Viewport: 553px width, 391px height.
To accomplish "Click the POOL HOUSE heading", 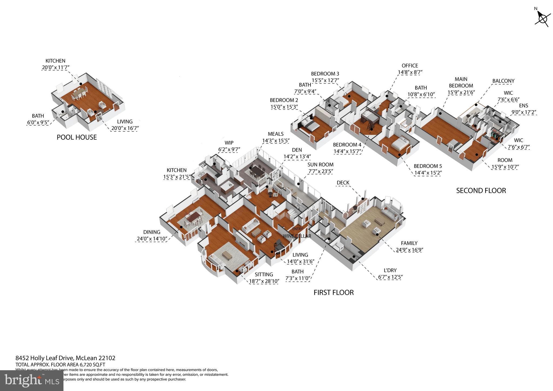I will (76, 137).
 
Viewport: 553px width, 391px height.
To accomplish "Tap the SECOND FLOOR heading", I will (481, 191).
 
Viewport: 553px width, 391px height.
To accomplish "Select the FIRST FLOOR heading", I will (333, 292).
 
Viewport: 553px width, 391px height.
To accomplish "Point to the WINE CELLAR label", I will (297, 236).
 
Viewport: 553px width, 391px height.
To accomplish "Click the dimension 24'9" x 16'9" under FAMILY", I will (409, 250).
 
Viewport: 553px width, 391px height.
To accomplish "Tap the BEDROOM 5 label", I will (427, 166).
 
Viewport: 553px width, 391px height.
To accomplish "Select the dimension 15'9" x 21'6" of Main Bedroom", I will (461, 93).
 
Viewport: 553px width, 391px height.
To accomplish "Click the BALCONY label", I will (503, 81).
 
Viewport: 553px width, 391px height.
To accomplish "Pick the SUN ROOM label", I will (320, 165).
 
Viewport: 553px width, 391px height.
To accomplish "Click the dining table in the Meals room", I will (258, 172).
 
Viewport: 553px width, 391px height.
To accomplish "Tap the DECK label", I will (343, 183).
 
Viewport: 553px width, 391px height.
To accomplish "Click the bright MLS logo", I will (32, 380).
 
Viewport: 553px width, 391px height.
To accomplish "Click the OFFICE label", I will (410, 66).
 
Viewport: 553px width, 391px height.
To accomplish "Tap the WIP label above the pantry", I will (229, 143).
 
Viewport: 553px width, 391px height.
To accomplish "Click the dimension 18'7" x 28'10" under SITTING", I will (264, 281).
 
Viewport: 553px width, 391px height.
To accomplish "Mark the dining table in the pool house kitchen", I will (79, 93).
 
